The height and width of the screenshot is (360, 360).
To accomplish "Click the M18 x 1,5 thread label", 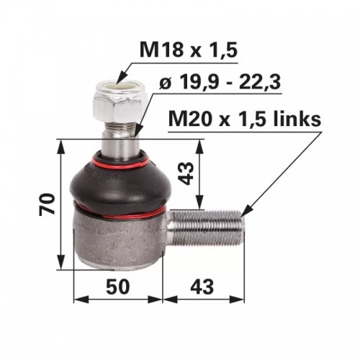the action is (x=189, y=50).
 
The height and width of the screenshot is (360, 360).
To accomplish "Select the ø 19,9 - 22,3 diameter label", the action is (x=220, y=83).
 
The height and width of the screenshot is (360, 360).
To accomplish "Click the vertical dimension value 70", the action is (x=48, y=204).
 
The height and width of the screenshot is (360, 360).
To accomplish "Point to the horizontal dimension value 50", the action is (x=118, y=287).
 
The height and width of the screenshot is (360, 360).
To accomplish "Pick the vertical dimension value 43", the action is (x=186, y=174).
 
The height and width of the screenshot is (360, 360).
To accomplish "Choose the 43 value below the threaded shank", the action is (x=202, y=287).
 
